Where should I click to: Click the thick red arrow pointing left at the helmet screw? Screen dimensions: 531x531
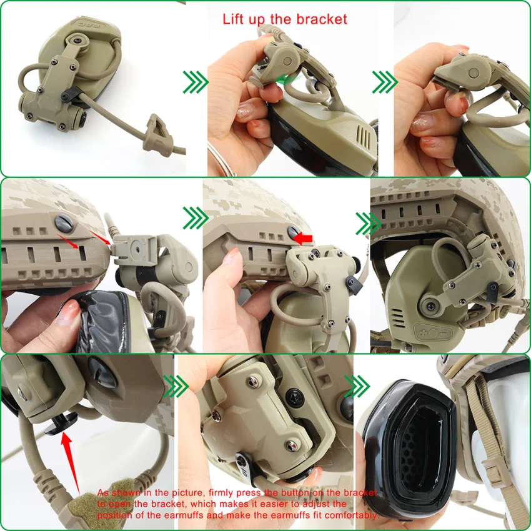tap(303, 237)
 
